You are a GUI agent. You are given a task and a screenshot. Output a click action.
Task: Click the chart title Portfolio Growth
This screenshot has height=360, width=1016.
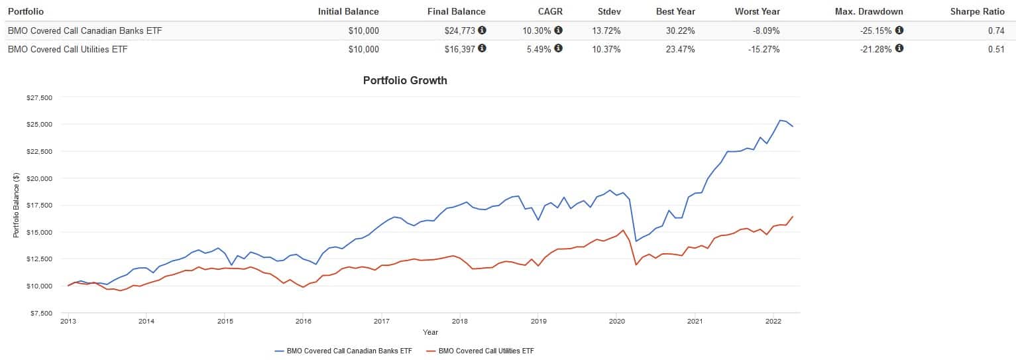[x=405, y=80]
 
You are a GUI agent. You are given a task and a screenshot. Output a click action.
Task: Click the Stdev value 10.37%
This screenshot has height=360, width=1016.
[x=606, y=49]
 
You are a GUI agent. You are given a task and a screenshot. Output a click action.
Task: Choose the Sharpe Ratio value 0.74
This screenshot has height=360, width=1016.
[x=996, y=30]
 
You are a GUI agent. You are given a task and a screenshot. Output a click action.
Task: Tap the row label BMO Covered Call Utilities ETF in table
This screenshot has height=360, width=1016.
[x=68, y=49]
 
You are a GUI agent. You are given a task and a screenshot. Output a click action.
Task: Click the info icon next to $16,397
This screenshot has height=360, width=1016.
[x=482, y=48]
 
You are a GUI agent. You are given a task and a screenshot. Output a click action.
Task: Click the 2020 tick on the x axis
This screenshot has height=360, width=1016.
[x=616, y=321]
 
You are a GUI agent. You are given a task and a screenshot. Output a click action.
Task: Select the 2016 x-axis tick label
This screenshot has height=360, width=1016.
[x=303, y=321]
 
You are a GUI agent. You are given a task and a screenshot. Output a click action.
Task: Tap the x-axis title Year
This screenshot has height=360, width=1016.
[x=431, y=331]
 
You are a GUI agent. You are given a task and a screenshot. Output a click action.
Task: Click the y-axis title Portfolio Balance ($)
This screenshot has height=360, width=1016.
[x=16, y=205]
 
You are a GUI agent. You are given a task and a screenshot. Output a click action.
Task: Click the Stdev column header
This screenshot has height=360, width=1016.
[x=608, y=11]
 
